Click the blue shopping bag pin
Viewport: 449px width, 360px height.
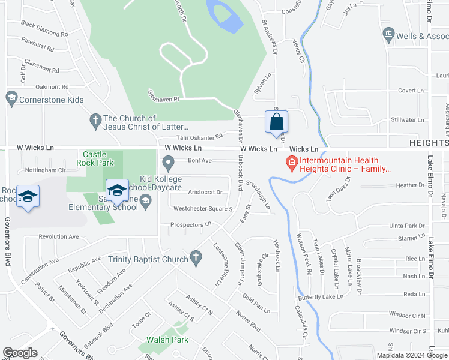(x=276, y=122)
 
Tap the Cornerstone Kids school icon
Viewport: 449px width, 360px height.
(x=11, y=97)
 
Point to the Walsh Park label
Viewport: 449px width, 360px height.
(x=167, y=340)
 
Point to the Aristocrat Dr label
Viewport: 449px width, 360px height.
(x=205, y=193)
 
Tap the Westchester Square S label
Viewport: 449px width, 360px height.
(x=203, y=209)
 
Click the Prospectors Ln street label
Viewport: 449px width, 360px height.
(x=191, y=224)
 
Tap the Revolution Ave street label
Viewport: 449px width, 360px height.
(x=59, y=236)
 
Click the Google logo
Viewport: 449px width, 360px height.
(x=20, y=353)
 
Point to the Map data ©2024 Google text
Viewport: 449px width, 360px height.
(x=411, y=355)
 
